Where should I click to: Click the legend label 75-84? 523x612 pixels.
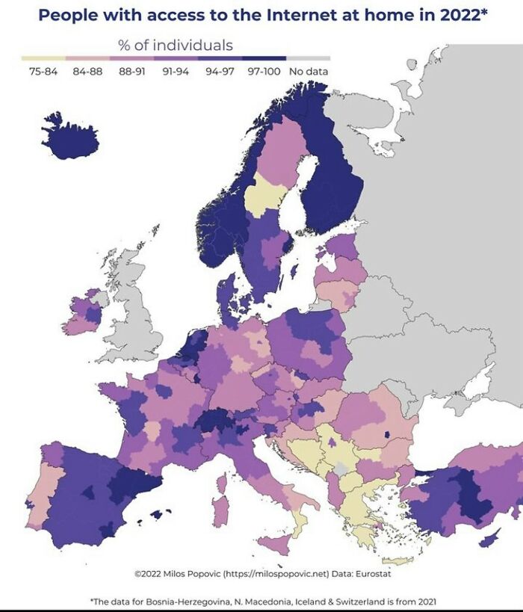click(43, 72)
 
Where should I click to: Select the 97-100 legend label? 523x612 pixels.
click(263, 72)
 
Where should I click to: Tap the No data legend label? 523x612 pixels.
click(309, 72)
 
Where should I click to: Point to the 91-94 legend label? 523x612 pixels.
click(175, 72)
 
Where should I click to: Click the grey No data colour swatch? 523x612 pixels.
click(309, 58)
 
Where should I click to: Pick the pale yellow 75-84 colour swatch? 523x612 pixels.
click(43, 58)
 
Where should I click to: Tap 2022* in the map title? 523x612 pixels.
click(457, 15)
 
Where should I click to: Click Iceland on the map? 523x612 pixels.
click(69, 138)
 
